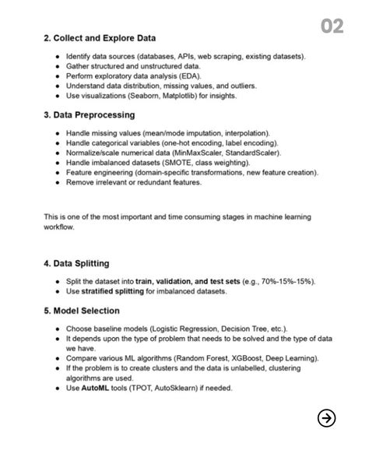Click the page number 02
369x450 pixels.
pos(332,27)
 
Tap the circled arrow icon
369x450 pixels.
pos(327,418)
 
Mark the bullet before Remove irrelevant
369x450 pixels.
pos(58,183)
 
